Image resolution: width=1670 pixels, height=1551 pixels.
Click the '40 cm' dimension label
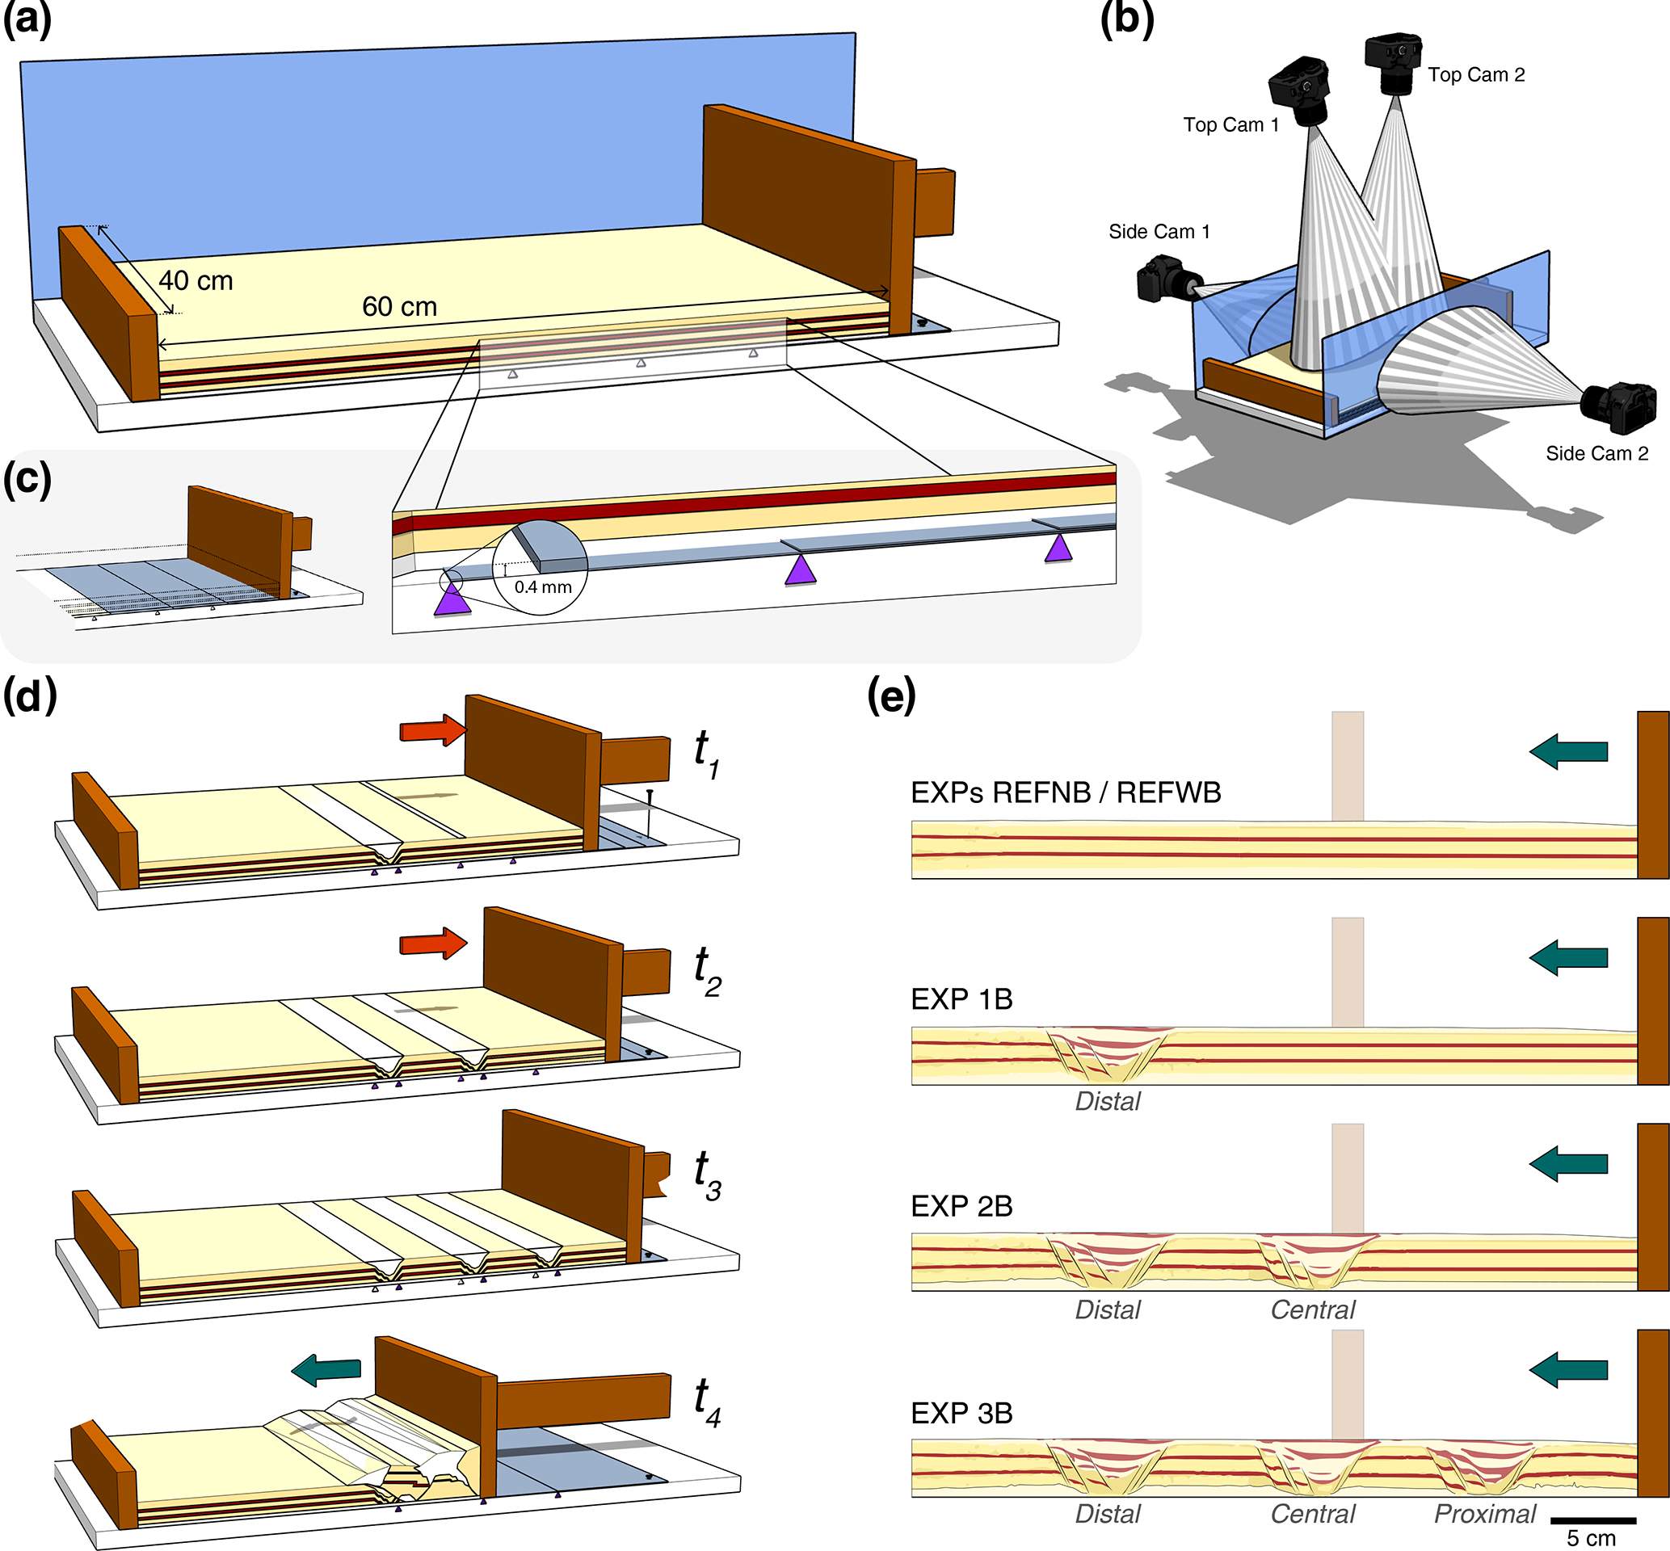[x=196, y=280]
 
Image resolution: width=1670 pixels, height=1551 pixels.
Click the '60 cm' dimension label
[x=399, y=306]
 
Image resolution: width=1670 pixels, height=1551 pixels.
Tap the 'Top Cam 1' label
[x=1230, y=125]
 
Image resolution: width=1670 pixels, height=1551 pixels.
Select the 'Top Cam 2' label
[x=1476, y=74]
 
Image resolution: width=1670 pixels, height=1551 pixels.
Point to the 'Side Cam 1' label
[x=1159, y=232]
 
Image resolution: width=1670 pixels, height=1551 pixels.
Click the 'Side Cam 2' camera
[x=1619, y=407]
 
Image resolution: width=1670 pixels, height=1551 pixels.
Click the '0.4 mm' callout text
[x=543, y=586]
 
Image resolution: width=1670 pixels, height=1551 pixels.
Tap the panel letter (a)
[x=27, y=19]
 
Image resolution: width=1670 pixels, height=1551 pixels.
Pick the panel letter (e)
[x=890, y=695]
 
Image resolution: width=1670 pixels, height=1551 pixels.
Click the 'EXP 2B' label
[x=961, y=1206]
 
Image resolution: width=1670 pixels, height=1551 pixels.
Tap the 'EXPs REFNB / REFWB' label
[x=1066, y=792]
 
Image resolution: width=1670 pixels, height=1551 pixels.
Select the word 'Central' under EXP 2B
[x=1313, y=1309]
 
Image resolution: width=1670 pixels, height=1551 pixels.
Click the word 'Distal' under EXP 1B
[x=1108, y=1101]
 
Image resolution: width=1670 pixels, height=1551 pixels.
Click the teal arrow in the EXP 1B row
[x=1567, y=957]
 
